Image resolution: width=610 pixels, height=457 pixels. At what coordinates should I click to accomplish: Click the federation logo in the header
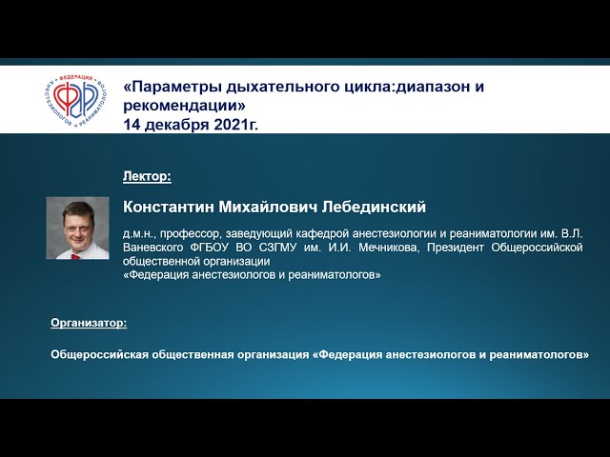[75, 99]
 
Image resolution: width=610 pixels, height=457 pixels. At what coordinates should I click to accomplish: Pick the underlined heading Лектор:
[147, 176]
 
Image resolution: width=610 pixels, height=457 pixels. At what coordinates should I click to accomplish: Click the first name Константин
[169, 207]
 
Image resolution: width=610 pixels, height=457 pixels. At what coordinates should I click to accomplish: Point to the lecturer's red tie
[77, 250]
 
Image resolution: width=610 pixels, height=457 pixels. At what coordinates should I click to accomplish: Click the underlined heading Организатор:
[88, 324]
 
